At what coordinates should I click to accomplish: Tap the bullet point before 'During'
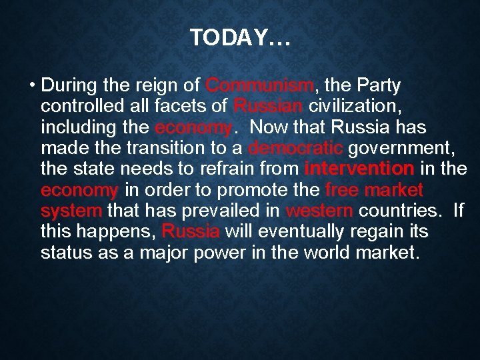pos(32,86)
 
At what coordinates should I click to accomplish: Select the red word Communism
pos(259,86)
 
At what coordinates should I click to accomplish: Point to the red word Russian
pos(269,107)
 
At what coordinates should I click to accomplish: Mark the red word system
pos(71,211)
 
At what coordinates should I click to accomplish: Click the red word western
pos(319,211)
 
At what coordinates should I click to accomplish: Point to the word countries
pos(400,211)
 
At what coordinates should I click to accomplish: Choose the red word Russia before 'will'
pos(191,232)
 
